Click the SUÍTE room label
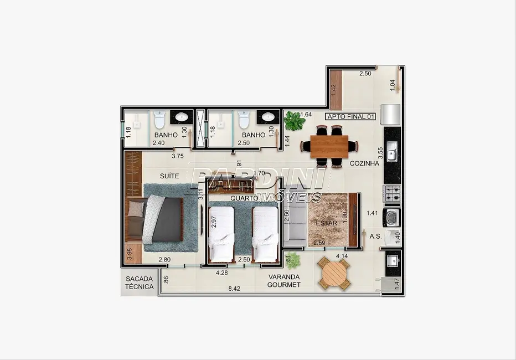[169, 175]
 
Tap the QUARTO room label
[244, 198]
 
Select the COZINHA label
[364, 163]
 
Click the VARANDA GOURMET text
[284, 281]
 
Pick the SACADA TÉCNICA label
[140, 283]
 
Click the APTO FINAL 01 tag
[351, 116]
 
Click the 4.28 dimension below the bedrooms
[222, 272]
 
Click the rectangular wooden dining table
[329, 146]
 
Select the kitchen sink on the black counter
[392, 151]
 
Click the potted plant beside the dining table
[293, 119]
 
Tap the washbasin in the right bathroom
[267, 117]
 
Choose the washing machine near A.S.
[392, 217]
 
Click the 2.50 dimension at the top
[364, 74]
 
